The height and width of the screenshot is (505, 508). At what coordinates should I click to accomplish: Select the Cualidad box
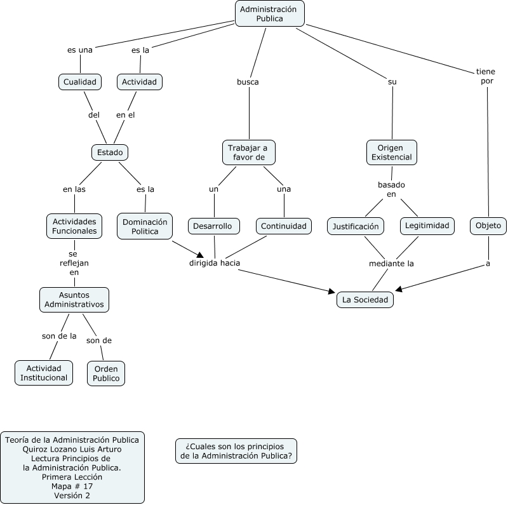tap(80, 82)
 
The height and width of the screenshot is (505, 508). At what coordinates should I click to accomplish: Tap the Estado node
tap(110, 152)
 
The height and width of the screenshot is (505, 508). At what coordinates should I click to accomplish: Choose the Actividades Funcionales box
tap(75, 226)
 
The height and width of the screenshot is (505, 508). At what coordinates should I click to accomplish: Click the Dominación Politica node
tap(145, 226)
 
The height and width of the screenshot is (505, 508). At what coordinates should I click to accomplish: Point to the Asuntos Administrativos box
tap(74, 300)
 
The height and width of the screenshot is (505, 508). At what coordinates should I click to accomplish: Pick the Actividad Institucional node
tap(43, 373)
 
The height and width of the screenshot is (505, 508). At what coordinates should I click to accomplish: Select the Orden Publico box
tap(106, 373)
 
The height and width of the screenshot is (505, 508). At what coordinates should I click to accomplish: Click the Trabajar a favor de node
tap(248, 152)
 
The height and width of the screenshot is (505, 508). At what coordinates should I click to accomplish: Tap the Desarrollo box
tap(214, 226)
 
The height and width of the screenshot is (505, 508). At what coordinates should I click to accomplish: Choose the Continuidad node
tap(284, 226)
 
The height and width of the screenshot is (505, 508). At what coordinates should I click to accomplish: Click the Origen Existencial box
tap(392, 152)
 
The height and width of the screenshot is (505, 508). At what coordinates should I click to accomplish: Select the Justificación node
tap(356, 226)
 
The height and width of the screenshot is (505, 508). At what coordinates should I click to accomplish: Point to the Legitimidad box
tap(427, 226)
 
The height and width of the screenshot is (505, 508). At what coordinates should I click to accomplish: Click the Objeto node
tap(488, 226)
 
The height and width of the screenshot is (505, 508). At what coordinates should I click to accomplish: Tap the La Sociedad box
tap(364, 299)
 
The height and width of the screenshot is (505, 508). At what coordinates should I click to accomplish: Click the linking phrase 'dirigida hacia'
tap(215, 262)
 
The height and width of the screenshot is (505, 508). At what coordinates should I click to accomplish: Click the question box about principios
tap(236, 450)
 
